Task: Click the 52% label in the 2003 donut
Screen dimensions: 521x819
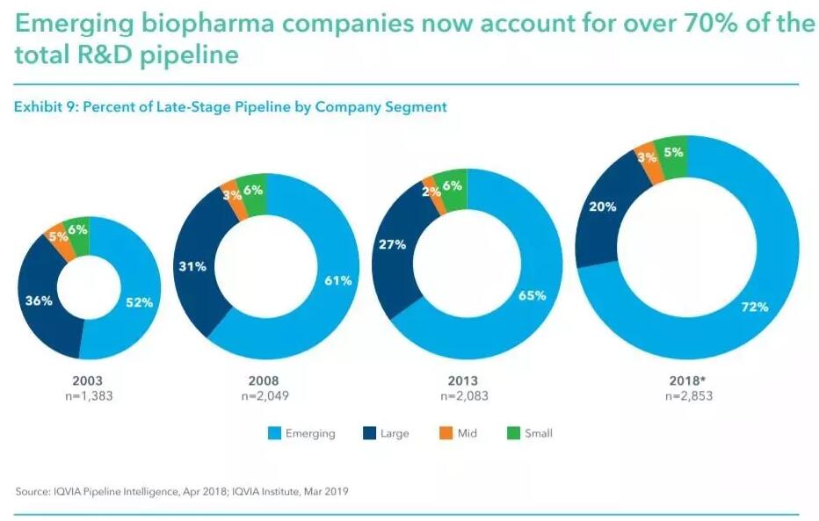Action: pos(139,301)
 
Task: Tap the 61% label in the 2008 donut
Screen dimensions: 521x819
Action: pos(337,281)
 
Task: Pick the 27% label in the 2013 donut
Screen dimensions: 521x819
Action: pos(391,244)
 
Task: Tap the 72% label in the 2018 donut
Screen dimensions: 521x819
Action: pos(754,307)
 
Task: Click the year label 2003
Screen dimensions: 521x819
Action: pos(89,380)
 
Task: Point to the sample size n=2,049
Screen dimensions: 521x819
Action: pos(265,395)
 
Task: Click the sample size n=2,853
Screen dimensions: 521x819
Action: pos(688,395)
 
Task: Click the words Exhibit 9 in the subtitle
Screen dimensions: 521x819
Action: pos(44,107)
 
